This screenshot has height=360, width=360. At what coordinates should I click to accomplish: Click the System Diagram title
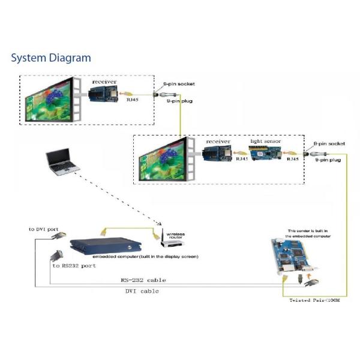tap(51, 58)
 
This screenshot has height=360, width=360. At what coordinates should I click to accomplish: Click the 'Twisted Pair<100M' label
tap(316, 299)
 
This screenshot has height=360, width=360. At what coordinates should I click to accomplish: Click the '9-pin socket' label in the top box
tap(179, 84)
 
